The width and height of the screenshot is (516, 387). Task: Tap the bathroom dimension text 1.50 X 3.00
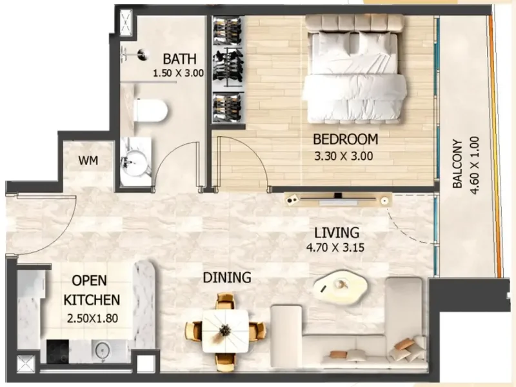(x=178, y=74)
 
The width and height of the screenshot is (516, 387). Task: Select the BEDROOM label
(x=345, y=139)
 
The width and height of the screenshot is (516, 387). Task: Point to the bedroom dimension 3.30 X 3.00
(x=344, y=155)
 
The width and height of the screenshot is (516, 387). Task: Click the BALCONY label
(x=457, y=164)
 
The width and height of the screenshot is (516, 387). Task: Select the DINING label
(x=226, y=278)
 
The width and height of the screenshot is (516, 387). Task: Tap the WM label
(x=88, y=161)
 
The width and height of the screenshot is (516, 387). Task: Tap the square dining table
(x=225, y=330)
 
